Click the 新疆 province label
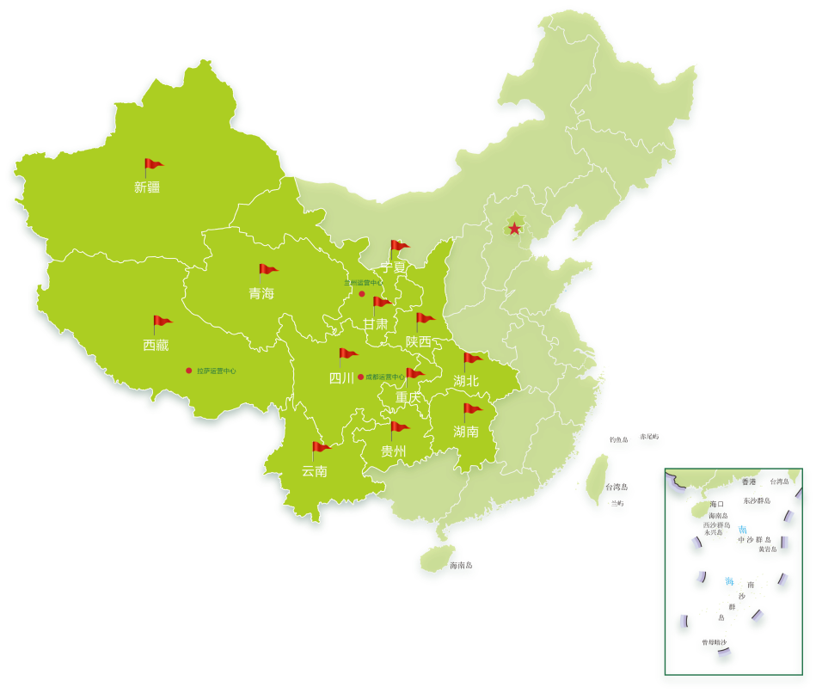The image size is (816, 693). (x=147, y=187)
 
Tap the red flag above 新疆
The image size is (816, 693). (x=152, y=165)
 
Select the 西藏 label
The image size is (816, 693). (x=156, y=346)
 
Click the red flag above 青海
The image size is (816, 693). (x=267, y=271)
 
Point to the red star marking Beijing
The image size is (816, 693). (x=514, y=229)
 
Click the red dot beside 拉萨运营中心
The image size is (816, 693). (x=189, y=371)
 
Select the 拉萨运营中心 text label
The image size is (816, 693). (x=216, y=371)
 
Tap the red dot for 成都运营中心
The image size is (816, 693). (x=360, y=377)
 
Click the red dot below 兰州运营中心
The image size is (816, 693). (x=362, y=294)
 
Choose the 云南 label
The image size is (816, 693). (x=315, y=471)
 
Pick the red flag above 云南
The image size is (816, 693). (x=320, y=448)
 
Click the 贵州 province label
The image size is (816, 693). (x=394, y=451)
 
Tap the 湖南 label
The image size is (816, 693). (x=466, y=432)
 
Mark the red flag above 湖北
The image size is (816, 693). (x=472, y=359)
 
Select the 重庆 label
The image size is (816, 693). (x=409, y=398)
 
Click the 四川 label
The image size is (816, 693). (x=341, y=377)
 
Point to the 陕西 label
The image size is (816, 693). (x=419, y=341)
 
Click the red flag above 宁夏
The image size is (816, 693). (x=398, y=247)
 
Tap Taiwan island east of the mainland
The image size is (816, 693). (x=598, y=477)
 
